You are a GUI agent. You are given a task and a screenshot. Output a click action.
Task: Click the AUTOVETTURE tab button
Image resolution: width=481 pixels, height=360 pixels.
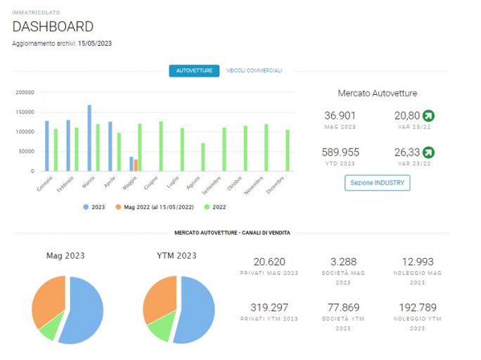194,71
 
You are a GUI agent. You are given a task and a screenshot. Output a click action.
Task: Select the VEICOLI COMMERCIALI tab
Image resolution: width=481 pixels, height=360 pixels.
255,70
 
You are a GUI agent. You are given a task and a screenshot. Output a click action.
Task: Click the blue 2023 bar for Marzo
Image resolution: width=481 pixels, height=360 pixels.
89,138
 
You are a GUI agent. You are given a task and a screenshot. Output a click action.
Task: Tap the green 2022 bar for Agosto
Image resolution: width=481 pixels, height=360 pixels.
203,157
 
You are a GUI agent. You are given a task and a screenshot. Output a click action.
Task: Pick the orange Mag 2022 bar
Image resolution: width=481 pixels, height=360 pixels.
136,165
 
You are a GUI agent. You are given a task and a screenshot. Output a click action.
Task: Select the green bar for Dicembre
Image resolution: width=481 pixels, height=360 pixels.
288,150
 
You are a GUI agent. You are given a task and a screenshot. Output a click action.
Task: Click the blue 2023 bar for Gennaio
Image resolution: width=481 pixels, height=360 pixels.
47,146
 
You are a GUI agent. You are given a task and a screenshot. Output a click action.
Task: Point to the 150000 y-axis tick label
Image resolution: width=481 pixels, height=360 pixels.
25,112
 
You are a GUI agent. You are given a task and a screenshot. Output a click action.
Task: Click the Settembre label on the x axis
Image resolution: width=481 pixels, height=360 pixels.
212,186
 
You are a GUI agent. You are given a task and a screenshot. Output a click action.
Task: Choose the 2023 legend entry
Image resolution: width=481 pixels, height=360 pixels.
94,207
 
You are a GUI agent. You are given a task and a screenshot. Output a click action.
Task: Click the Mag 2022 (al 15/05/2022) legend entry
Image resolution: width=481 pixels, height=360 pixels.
155,207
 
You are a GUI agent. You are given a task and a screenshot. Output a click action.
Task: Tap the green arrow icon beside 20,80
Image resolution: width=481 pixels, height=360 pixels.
428,115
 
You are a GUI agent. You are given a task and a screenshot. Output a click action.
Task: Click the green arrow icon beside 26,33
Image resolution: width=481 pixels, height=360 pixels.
428,153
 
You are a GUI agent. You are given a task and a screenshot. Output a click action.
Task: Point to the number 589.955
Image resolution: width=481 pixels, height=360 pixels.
340,153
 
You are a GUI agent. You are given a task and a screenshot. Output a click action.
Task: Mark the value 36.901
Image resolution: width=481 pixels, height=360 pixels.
340,115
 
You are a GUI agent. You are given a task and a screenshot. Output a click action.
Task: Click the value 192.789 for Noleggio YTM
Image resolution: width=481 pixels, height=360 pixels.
418,307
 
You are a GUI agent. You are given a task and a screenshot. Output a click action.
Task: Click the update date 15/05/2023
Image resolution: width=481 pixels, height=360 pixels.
95,44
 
